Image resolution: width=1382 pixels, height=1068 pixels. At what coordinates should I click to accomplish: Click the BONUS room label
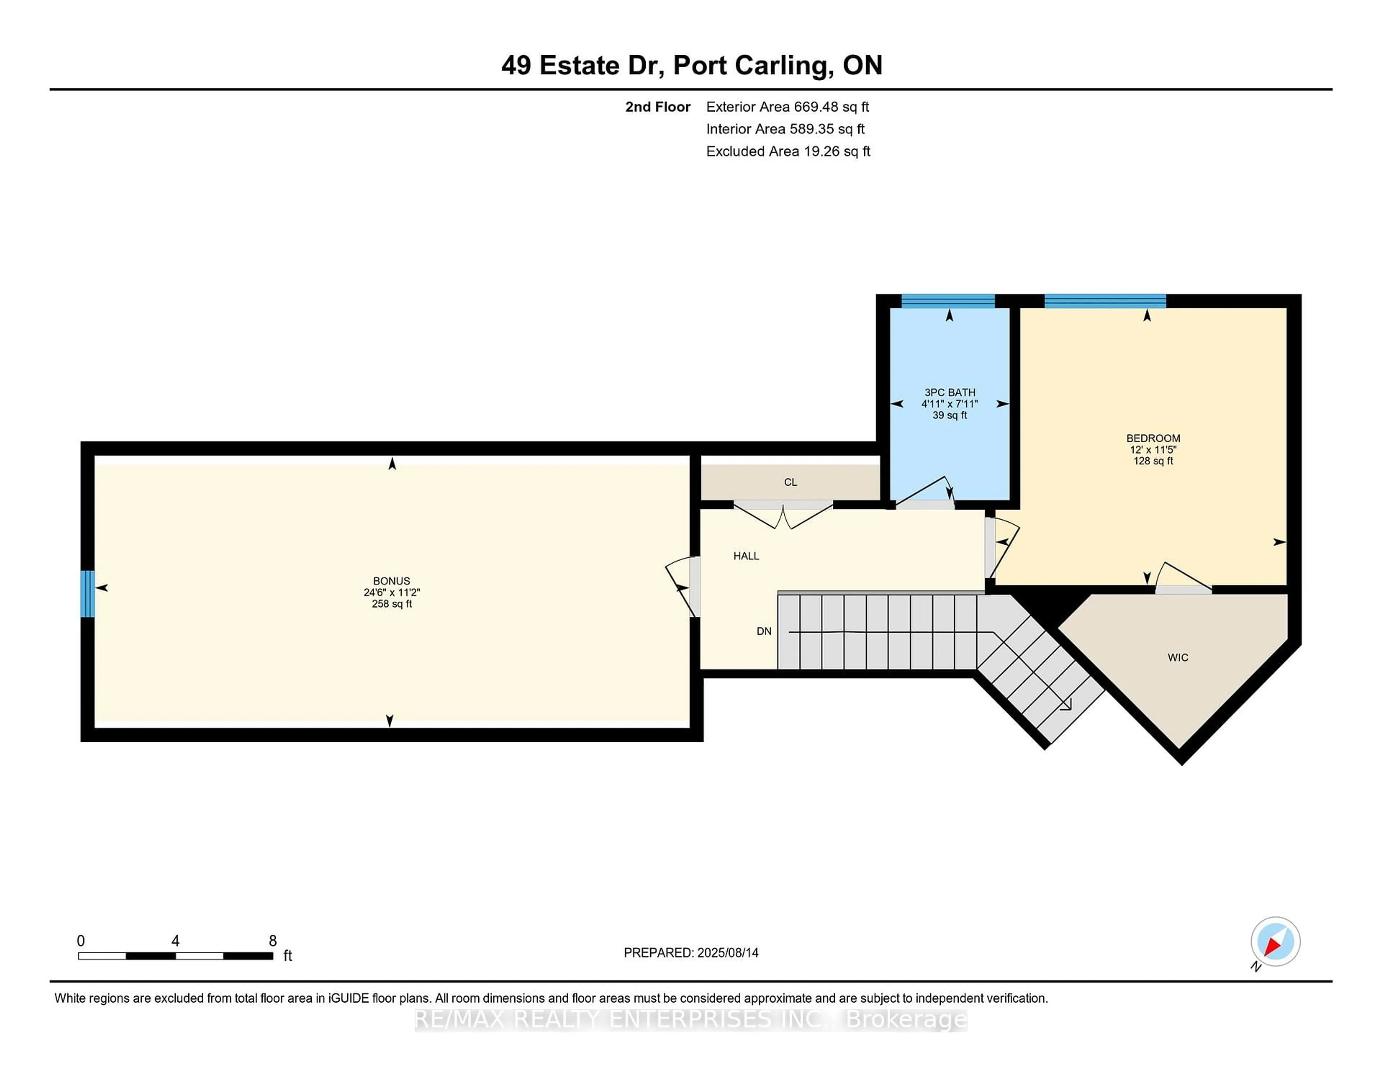click(391, 581)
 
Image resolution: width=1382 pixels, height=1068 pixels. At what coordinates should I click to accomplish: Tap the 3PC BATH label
click(950, 392)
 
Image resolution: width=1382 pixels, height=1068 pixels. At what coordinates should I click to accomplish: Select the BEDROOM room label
click(1153, 438)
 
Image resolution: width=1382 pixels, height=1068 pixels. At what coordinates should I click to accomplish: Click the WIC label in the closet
click(1178, 657)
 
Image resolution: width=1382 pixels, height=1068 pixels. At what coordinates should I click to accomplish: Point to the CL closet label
click(790, 482)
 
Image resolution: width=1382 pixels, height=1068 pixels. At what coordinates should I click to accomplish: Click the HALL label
click(746, 556)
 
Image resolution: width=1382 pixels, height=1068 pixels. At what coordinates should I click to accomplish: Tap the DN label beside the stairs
click(764, 631)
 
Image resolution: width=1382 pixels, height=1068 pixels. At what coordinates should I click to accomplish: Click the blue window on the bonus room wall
click(87, 593)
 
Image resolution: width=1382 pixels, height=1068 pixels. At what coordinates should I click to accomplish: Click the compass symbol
click(1275, 941)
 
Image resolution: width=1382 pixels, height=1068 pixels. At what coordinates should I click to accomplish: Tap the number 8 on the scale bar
click(273, 941)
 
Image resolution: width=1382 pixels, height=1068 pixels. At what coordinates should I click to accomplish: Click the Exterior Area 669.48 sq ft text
click(787, 107)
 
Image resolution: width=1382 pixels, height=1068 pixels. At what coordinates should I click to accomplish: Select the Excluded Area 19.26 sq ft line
click(788, 151)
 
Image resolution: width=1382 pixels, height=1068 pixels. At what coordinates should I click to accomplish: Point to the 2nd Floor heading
click(658, 107)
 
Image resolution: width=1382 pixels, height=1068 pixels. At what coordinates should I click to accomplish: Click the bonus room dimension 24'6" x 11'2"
click(391, 592)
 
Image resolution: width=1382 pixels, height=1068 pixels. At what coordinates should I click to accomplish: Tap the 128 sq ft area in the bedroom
click(1153, 461)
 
